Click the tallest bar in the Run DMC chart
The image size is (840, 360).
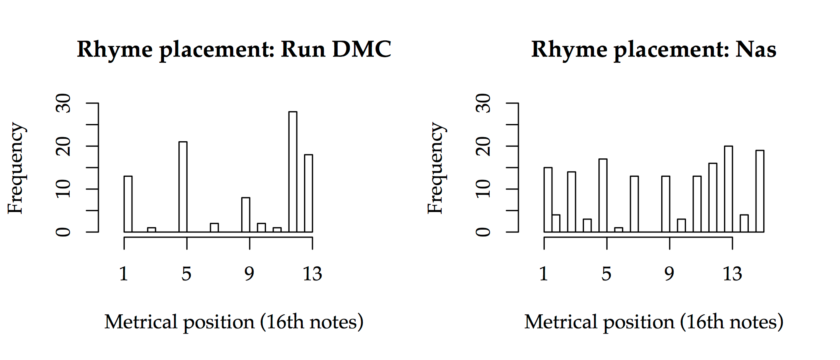coord(293,172)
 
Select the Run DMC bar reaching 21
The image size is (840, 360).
coord(183,187)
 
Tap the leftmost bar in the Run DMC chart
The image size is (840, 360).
coord(128,204)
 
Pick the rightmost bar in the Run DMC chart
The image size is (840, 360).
coord(308,193)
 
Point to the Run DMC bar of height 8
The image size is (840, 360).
coord(246,215)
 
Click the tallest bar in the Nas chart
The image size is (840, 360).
coord(728,189)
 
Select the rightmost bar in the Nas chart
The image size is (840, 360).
coord(760,191)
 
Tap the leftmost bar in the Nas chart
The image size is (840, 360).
coord(548,200)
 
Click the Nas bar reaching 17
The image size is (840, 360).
coord(603,195)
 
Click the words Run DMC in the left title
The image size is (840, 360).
coord(336,50)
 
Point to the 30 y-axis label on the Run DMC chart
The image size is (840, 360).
coord(64,103)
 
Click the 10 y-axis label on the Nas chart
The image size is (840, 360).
coord(484,189)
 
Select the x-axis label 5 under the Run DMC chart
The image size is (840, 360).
coord(186,274)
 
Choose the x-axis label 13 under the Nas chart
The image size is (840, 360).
coord(732,274)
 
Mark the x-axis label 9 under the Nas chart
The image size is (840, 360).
coord(669,274)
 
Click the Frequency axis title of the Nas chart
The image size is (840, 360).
coord(436,168)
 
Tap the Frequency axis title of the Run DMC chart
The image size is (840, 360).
coord(16,168)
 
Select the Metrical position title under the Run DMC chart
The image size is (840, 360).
coord(234,322)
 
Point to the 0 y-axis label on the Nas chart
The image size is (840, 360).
coord(484,232)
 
